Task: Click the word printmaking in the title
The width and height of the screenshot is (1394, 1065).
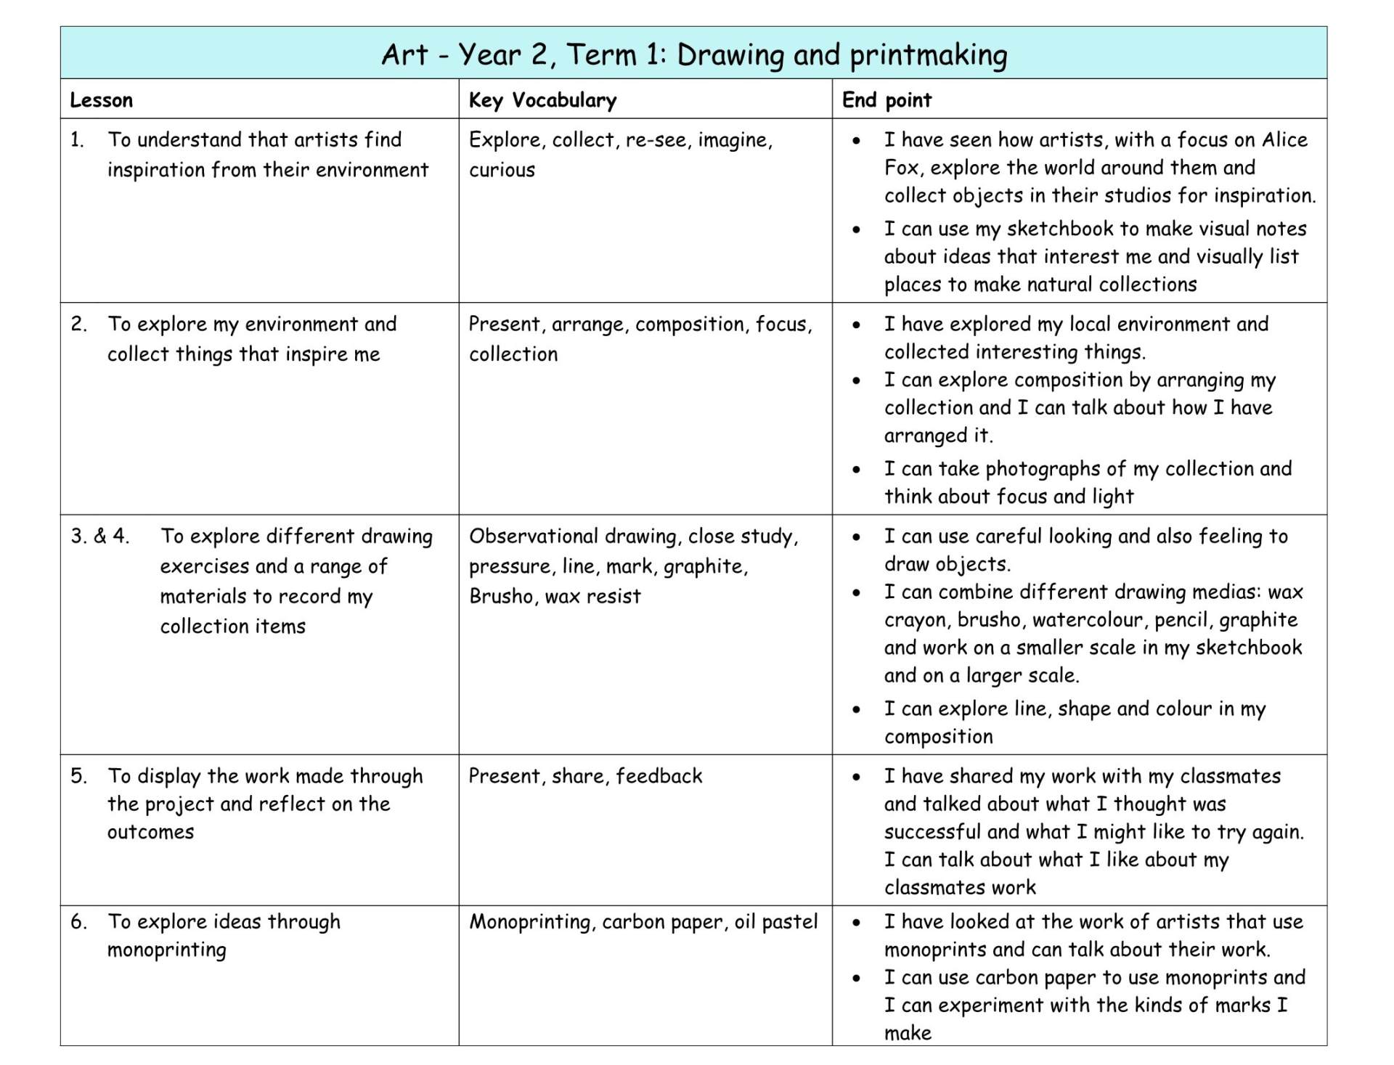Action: point(929,55)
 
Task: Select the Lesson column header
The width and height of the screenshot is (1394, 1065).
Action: point(101,100)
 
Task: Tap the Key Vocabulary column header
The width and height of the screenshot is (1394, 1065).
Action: point(542,100)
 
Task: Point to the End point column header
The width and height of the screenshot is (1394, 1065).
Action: point(886,100)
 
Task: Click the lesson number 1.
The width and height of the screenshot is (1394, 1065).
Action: point(77,139)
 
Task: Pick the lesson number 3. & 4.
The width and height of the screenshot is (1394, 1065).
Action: point(100,536)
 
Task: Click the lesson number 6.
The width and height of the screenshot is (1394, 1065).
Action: point(78,921)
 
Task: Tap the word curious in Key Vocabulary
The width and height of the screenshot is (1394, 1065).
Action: point(502,170)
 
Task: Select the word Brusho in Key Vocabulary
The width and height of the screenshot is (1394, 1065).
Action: point(500,596)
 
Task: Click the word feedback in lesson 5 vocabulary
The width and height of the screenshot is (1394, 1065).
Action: point(659,776)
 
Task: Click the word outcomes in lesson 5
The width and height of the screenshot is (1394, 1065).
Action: point(150,832)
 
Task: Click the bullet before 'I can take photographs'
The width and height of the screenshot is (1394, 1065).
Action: point(857,470)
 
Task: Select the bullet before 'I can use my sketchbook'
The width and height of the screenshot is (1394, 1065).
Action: point(857,229)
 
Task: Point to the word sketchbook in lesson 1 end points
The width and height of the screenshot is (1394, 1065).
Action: point(1059,229)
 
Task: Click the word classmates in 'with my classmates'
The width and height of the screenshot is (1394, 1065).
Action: point(1230,776)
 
